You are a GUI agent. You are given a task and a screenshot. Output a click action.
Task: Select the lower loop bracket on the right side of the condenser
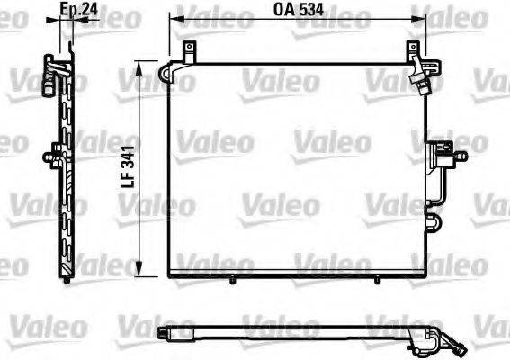click(434, 221)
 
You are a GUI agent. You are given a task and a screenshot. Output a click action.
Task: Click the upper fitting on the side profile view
click(54, 68)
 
